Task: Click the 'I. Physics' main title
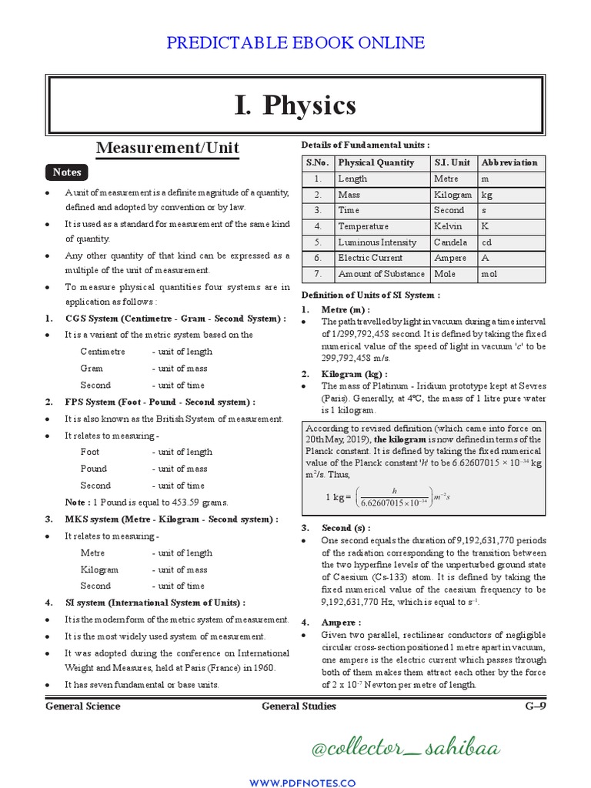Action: pos(295,105)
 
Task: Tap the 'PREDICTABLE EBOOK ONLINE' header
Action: pos(295,42)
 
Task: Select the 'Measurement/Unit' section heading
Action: pos(167,147)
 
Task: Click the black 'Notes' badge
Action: pos(67,172)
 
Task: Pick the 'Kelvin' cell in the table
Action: pos(448,226)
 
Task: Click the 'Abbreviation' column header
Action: pos(509,162)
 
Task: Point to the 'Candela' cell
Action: pos(450,242)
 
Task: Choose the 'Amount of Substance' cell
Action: pos(381,274)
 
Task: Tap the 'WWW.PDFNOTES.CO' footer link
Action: pos(295,782)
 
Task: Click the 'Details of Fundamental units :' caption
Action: pos(366,145)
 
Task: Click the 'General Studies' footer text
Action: pos(299,706)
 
